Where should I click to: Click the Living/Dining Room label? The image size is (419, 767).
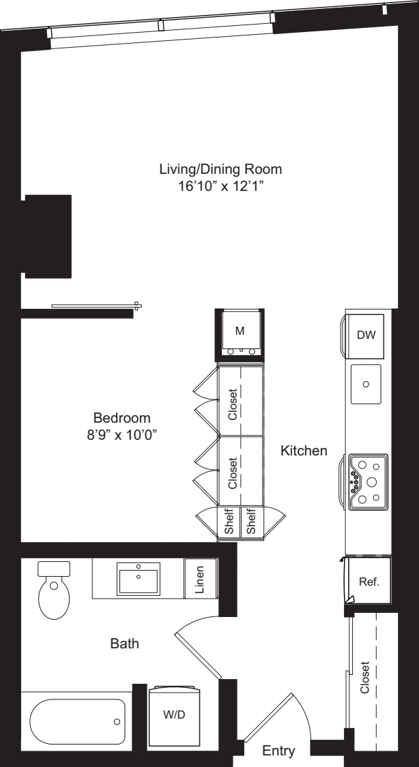pyautogui.click(x=220, y=168)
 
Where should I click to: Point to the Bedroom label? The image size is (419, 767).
pyautogui.click(x=121, y=418)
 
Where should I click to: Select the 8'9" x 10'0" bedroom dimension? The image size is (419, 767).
pyautogui.click(x=121, y=434)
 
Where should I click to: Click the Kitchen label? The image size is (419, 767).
pyautogui.click(x=304, y=451)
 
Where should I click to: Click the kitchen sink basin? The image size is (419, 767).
pyautogui.click(x=366, y=384)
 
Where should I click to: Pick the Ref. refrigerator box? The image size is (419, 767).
pyautogui.click(x=369, y=581)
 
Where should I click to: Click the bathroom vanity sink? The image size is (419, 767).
pyautogui.click(x=139, y=579)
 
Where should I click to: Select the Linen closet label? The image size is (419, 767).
pyautogui.click(x=201, y=578)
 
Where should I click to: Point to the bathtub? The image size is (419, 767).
pyautogui.click(x=77, y=721)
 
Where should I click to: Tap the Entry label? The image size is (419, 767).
pyautogui.click(x=279, y=751)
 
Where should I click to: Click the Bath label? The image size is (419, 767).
pyautogui.click(x=125, y=643)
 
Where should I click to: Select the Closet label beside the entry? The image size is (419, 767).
pyautogui.click(x=366, y=678)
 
